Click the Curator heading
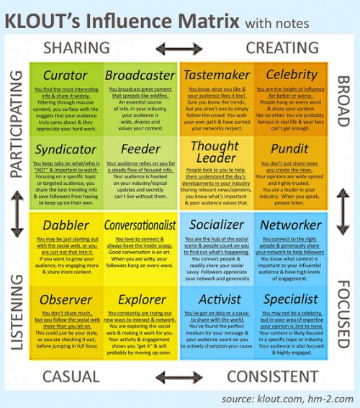[66, 76]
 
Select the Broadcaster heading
[140, 76]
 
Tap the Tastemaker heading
[216, 76]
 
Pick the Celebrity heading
[291, 75]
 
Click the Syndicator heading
[66, 150]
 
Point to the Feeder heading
[140, 150]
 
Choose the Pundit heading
[291, 150]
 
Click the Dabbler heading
[66, 225]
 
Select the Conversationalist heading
[140, 225]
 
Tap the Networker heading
[291, 225]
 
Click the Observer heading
[66, 299]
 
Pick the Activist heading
[216, 299]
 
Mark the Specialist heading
[291, 299]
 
